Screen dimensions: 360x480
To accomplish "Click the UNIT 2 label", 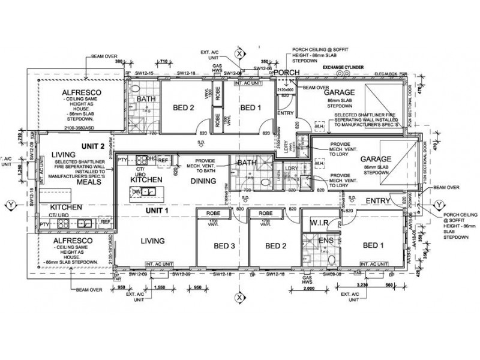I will pos(93,146).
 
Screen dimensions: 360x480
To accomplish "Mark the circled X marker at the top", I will pos(239,54).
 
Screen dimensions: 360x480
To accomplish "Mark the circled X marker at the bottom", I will pos(239,296).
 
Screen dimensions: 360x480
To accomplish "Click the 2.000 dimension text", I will pos(310,289).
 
